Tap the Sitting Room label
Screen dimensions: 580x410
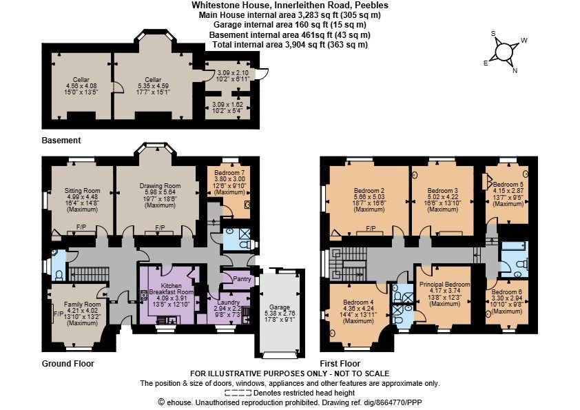coord(82,191)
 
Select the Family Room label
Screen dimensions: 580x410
coord(82,304)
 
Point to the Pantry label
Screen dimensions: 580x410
coord(242,279)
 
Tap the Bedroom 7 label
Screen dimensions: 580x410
coord(229,173)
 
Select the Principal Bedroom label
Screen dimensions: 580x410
coord(444,284)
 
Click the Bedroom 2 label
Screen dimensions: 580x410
coord(369,191)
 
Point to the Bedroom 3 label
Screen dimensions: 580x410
coord(442,191)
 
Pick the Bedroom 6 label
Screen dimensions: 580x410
coord(507,292)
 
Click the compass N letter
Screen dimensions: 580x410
coord(515,71)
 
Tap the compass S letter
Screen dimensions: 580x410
coord(493,33)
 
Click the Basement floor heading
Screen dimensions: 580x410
coord(61,141)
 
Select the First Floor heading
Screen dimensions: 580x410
coord(340,363)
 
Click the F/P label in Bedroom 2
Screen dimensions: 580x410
coord(371,229)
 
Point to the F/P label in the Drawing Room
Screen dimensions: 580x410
coord(160,227)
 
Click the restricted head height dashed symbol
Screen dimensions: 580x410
coord(238,393)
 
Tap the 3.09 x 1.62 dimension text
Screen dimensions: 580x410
coord(227,105)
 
